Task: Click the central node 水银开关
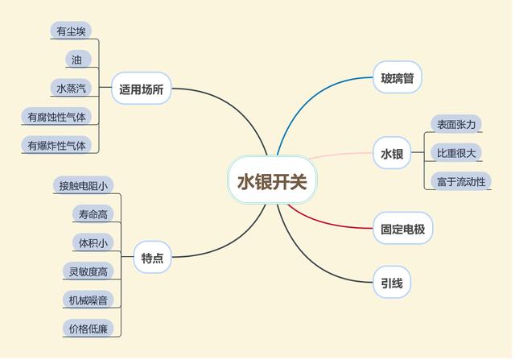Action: tap(272, 181)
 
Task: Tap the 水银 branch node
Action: tap(392, 153)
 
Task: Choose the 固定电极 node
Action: tap(402, 230)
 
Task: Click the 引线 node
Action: tap(392, 283)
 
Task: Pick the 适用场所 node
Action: tap(142, 89)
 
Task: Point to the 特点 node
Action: tap(152, 258)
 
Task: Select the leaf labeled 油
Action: tap(76, 60)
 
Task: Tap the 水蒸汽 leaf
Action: tap(71, 88)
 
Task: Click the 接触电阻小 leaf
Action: tap(83, 186)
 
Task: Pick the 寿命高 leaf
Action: tap(90, 214)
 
